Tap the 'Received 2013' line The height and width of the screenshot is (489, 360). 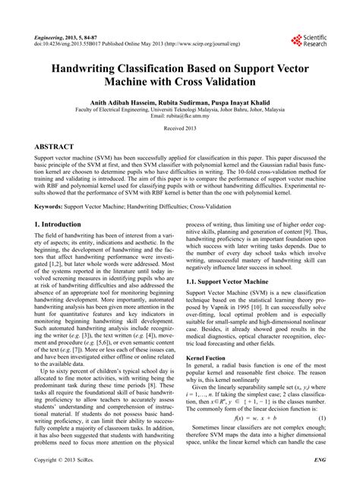pyautogui.click(x=179, y=129)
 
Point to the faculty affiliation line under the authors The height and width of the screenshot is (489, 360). pyautogui.click(x=179, y=108)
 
